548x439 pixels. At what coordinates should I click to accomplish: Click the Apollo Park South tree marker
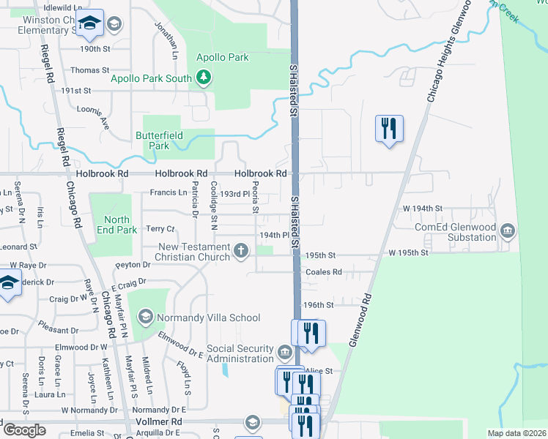(x=204, y=78)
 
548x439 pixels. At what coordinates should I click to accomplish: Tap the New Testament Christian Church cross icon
(x=240, y=252)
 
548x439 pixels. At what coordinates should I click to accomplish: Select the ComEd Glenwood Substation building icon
(x=507, y=232)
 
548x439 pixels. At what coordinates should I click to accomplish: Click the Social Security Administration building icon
(x=284, y=353)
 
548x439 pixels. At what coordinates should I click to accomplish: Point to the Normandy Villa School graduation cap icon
(x=145, y=317)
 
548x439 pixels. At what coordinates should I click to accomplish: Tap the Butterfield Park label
(x=152, y=140)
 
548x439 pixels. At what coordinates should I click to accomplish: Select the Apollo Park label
(x=223, y=57)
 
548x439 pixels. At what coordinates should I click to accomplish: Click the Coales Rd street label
(x=323, y=272)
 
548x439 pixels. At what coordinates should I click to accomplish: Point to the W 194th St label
(x=423, y=209)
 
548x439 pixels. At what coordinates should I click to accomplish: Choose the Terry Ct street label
(x=160, y=229)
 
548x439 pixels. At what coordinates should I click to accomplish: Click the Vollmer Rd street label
(x=163, y=422)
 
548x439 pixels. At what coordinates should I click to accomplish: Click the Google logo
(x=25, y=430)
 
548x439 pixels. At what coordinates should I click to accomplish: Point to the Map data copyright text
(x=515, y=433)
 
